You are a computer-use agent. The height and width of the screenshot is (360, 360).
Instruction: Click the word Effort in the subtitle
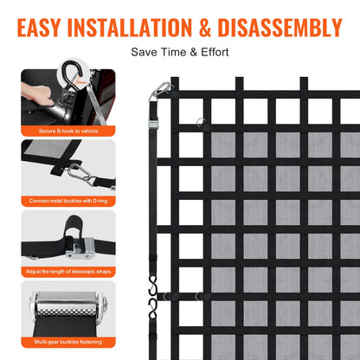tap(212, 52)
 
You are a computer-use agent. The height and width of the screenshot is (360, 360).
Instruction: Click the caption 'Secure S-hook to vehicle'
tap(68, 131)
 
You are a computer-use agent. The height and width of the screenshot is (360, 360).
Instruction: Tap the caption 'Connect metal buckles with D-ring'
tap(68, 201)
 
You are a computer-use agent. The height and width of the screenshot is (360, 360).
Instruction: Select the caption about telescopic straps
tap(68, 271)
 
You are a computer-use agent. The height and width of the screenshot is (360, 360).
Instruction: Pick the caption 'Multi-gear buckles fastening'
tap(68, 342)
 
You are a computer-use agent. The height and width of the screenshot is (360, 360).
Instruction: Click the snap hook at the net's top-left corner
tap(161, 90)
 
